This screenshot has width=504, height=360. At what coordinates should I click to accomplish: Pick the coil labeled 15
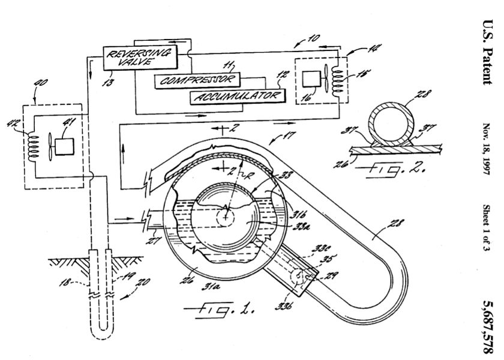338,74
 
